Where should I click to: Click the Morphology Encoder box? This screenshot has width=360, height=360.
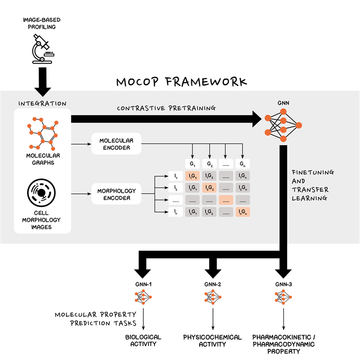point(117,195)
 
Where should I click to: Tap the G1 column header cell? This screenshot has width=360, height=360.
point(192,164)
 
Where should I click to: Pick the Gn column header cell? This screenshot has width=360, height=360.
point(242,164)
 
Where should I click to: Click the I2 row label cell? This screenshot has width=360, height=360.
point(176,188)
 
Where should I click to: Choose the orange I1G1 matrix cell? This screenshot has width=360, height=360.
point(192,176)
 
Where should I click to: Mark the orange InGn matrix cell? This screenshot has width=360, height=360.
point(242,212)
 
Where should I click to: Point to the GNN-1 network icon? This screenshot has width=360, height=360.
point(143,298)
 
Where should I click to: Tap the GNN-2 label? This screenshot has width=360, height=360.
point(212,284)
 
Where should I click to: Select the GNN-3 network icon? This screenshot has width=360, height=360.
point(283,298)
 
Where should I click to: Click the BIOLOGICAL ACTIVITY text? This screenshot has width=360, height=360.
point(143,340)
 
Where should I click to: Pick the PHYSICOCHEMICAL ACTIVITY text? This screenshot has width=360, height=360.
point(212,340)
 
